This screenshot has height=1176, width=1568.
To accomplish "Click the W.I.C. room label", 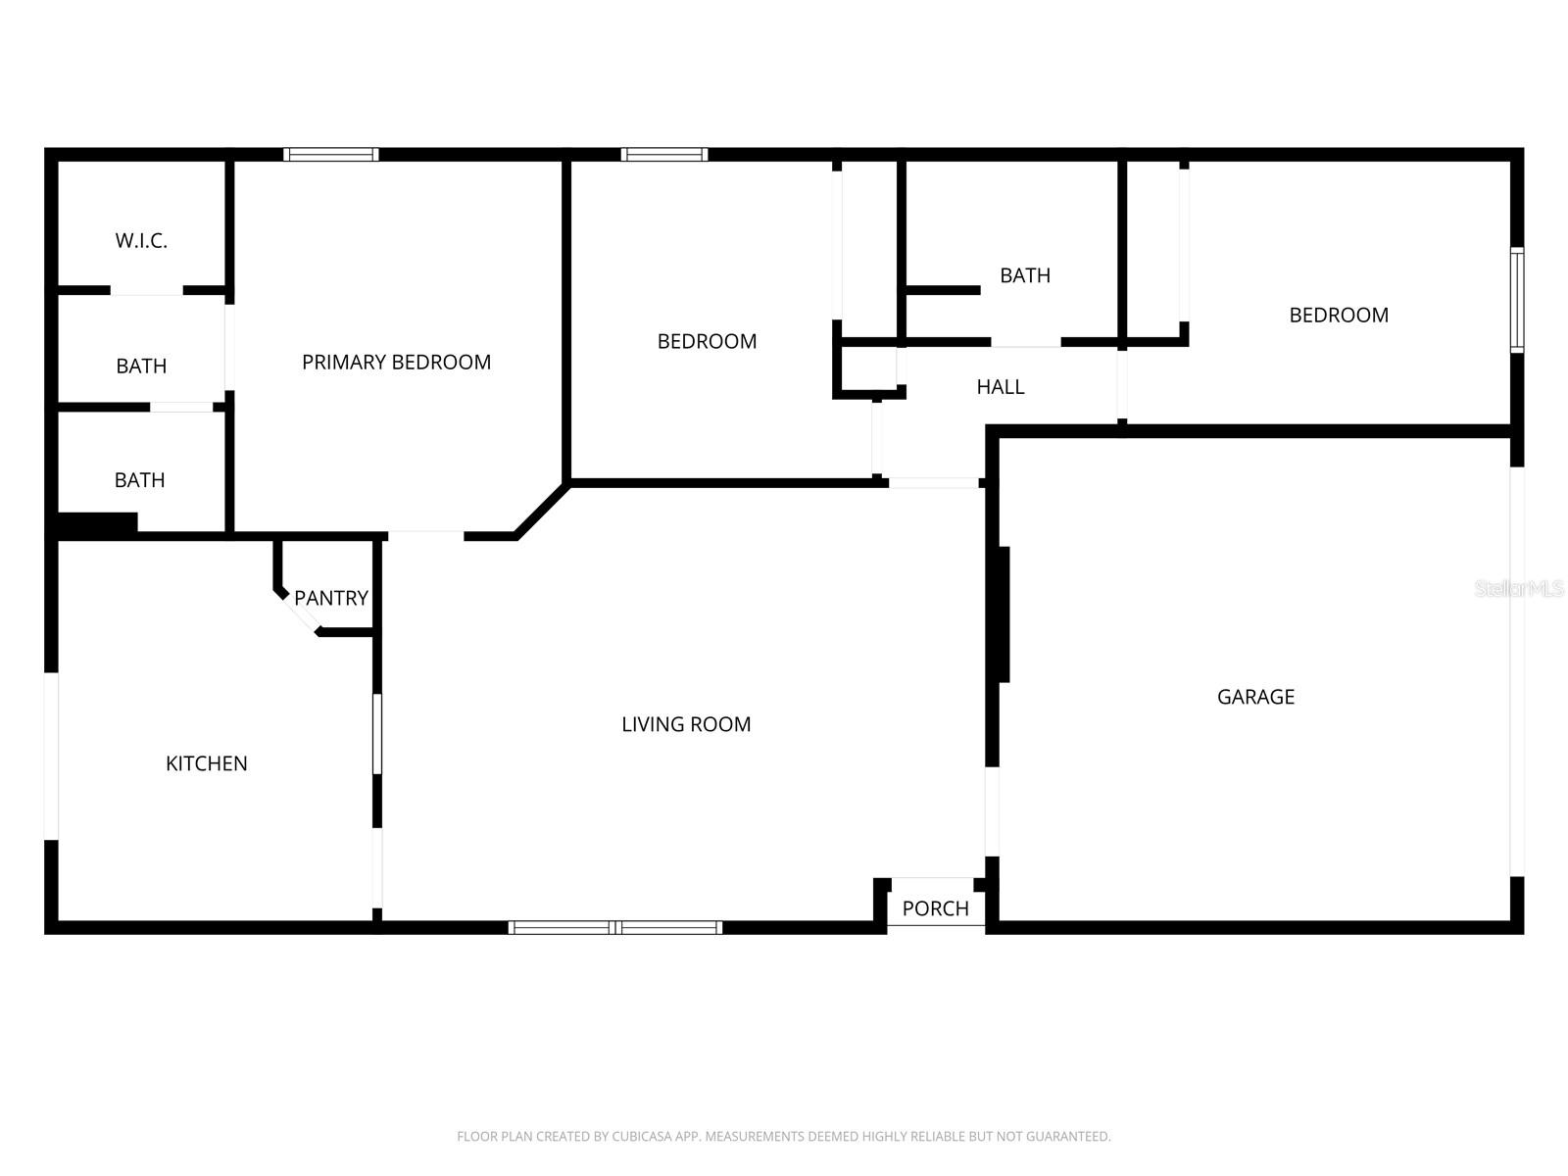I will tap(141, 241).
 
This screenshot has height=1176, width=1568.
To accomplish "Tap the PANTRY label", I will tap(331, 598).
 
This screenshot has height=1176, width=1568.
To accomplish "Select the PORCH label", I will tap(935, 908).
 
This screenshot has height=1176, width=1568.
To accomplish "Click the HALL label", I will tap(1000, 387).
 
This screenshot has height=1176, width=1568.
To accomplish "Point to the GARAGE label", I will tap(1255, 697).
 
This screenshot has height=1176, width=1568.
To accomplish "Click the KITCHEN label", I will tap(206, 763).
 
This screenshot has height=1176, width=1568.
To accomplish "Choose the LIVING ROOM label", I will tap(686, 724).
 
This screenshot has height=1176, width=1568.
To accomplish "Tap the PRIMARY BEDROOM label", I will tap(396, 363).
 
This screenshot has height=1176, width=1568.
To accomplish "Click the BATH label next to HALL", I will tap(1025, 275).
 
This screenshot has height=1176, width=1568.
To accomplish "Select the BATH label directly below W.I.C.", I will tap(141, 367).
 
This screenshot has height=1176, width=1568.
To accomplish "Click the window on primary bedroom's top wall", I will tap(331, 154).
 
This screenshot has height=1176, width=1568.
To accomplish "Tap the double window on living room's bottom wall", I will tap(615, 927).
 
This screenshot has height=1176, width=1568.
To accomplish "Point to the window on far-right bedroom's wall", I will tap(1516, 300).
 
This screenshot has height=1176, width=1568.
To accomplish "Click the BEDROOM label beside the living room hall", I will tap(707, 342).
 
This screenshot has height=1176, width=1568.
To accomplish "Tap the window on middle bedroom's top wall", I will tap(664, 154).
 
